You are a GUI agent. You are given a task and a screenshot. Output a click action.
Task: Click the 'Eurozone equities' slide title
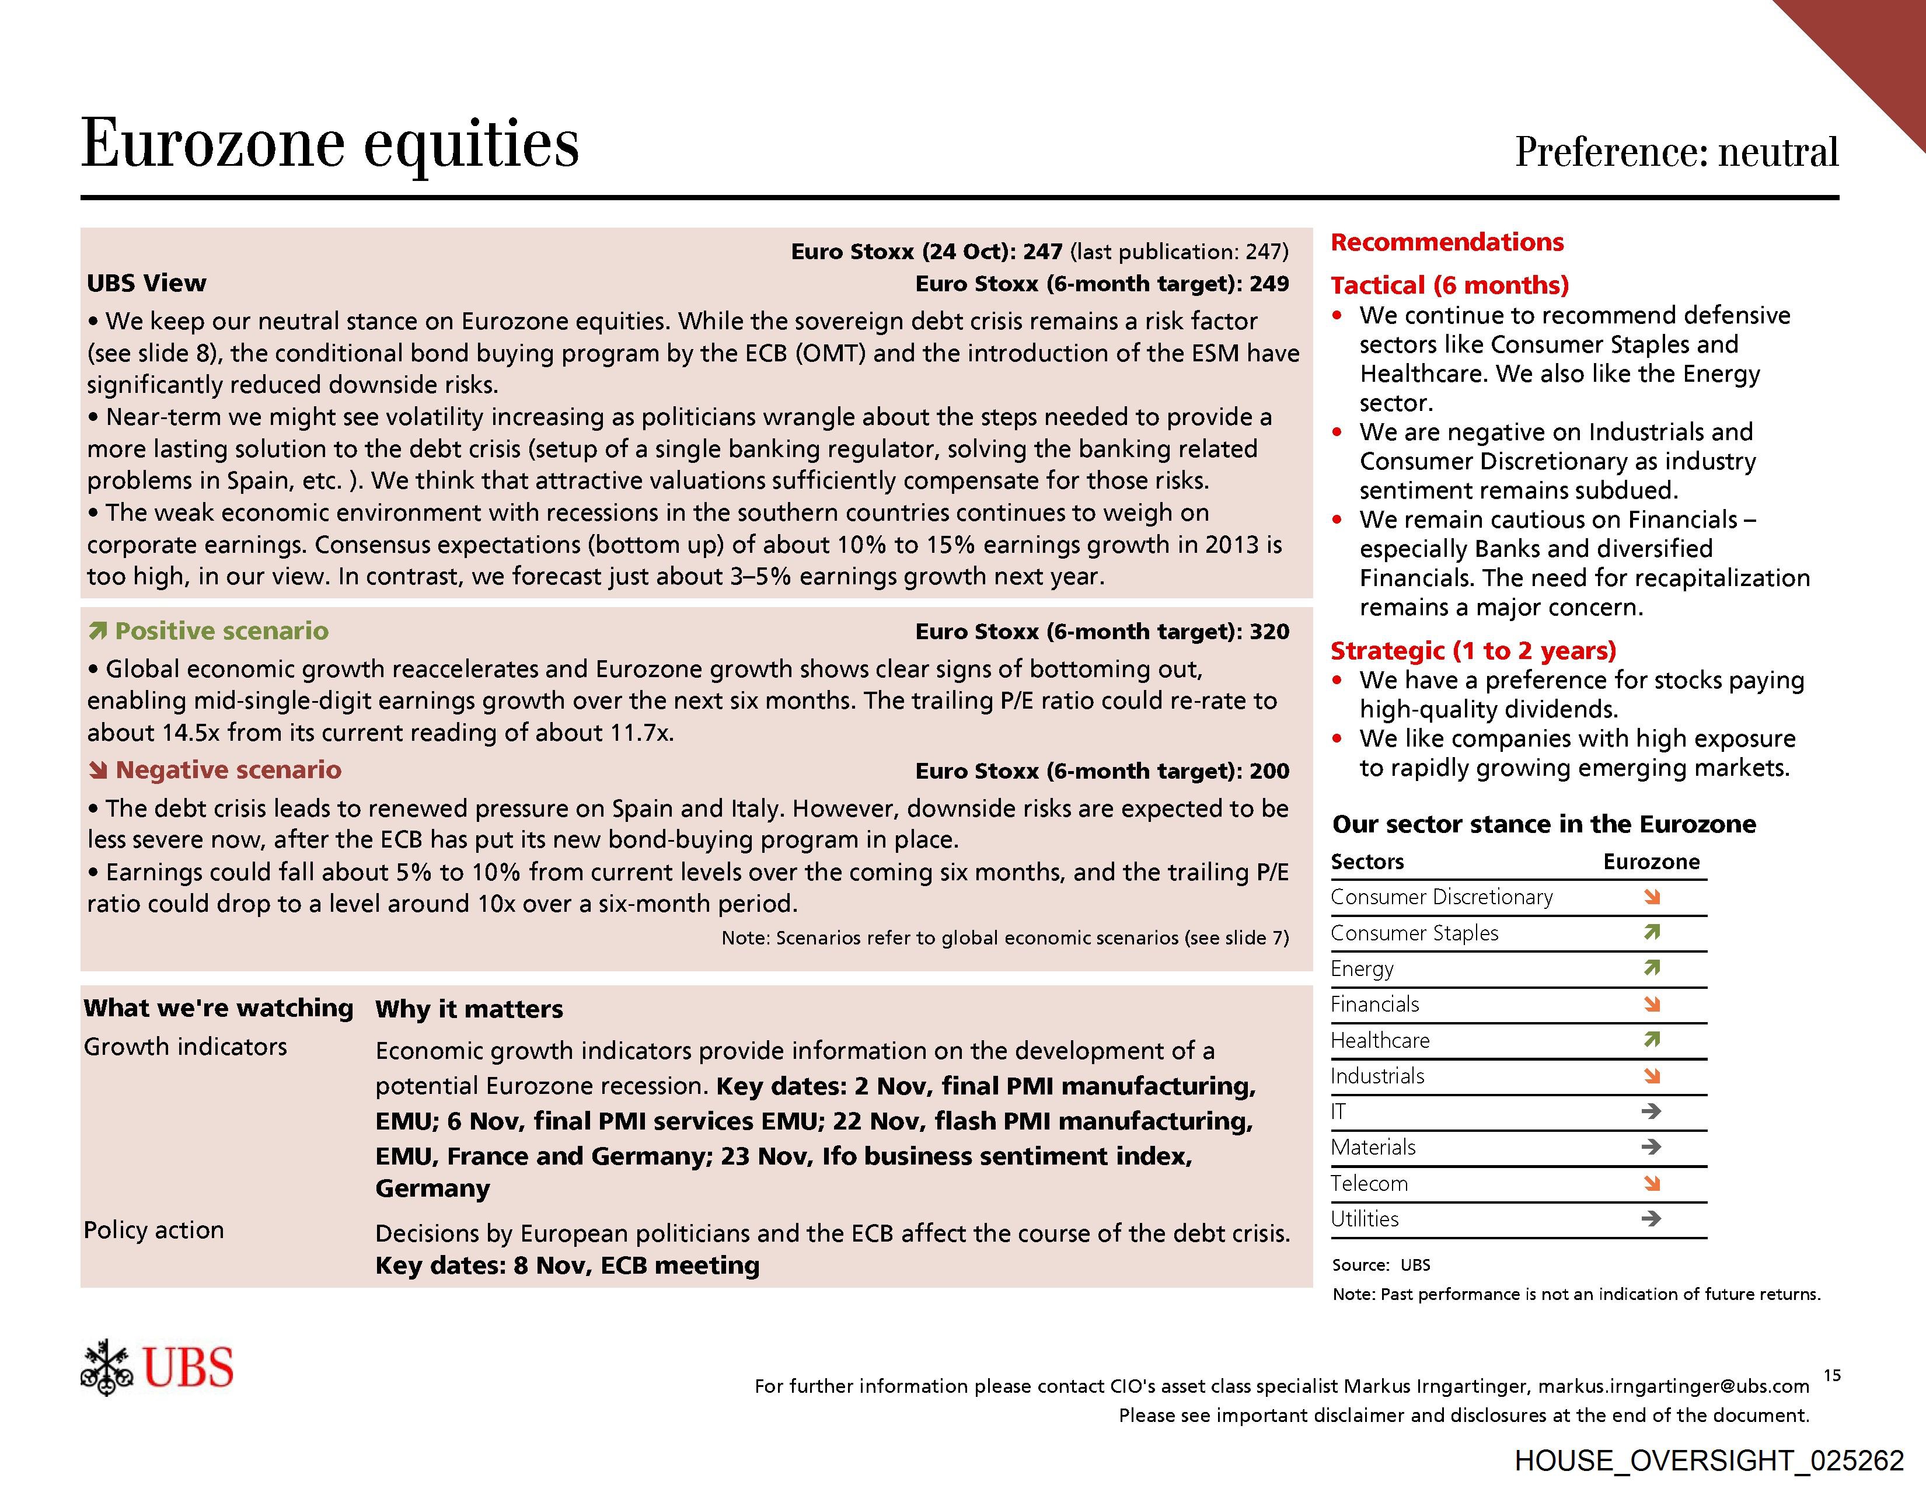pos(330,144)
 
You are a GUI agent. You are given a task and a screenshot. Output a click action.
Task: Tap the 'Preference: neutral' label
pos(1676,152)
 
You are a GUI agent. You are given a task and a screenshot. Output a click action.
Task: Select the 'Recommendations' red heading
pos(1446,242)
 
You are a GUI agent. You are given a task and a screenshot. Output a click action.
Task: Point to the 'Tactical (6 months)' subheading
pos(1450,285)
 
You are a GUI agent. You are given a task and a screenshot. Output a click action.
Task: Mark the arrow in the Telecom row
pos(1652,1183)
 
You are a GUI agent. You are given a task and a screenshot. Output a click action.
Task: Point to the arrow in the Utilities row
pos(1652,1219)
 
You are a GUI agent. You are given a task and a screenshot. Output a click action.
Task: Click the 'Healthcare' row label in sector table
pos(1380,1041)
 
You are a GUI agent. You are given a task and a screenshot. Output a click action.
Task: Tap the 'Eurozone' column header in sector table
pos(1651,862)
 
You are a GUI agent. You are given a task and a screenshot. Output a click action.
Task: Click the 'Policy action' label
pos(153,1230)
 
